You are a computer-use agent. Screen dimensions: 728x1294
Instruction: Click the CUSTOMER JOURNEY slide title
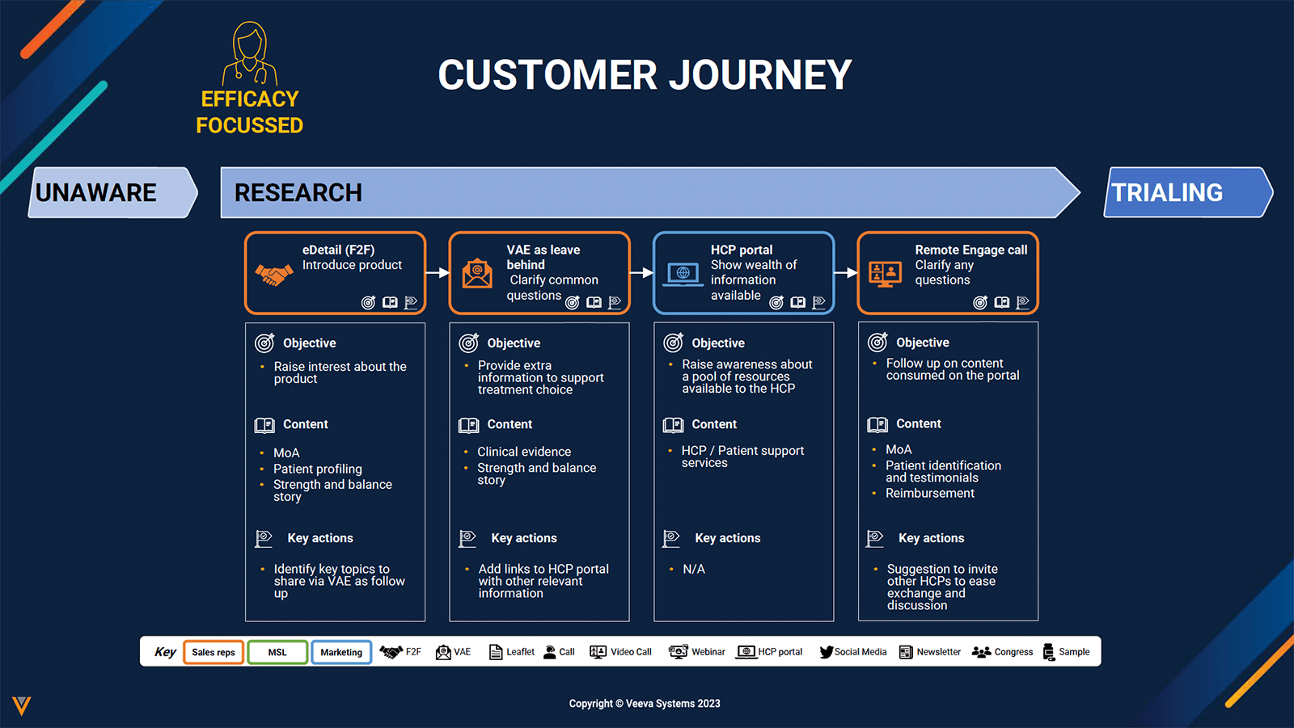tap(645, 75)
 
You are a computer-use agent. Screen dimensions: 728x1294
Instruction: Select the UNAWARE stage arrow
tap(112, 192)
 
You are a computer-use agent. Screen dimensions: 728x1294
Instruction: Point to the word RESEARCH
tap(298, 193)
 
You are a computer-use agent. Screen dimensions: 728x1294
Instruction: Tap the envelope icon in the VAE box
tap(477, 273)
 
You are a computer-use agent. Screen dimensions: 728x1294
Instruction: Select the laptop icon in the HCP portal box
tap(683, 274)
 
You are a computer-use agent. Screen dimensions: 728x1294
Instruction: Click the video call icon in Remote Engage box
tap(885, 274)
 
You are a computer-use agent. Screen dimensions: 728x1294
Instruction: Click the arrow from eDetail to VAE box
tap(437, 273)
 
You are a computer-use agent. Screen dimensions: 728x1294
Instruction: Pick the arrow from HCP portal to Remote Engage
tap(845, 273)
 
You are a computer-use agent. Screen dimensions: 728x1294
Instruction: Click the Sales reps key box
tap(214, 652)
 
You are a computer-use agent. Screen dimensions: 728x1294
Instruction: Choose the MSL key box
tap(277, 652)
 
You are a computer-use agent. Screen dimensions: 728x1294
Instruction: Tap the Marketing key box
tap(341, 652)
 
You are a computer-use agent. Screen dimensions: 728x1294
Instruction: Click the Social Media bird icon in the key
tap(826, 652)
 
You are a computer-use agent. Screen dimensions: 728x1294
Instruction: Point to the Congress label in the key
tap(1013, 652)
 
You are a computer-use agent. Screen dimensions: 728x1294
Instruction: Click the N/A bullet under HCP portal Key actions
tap(693, 569)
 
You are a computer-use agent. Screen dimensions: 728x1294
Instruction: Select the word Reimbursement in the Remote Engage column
tap(930, 493)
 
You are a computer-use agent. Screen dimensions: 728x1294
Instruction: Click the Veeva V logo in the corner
tap(22, 705)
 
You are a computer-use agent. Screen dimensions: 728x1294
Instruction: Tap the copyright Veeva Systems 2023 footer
tap(645, 704)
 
